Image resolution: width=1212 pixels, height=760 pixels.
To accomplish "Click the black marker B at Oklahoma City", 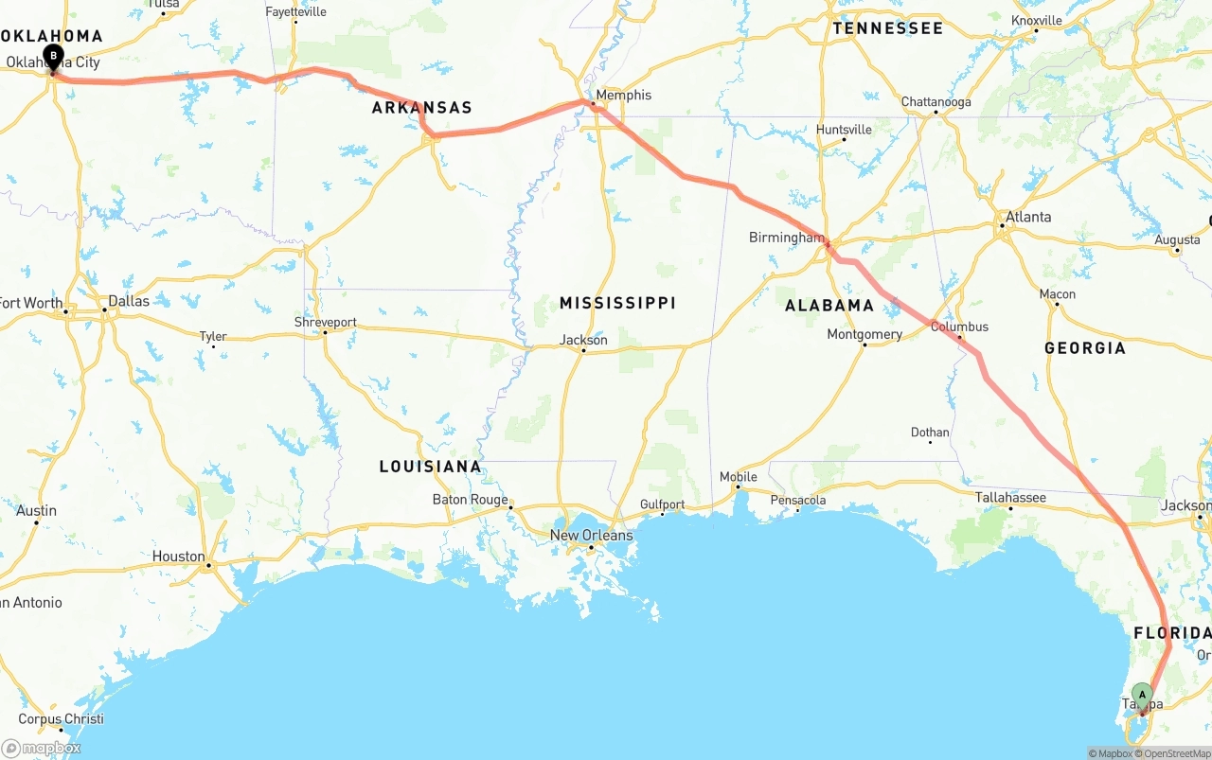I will click(54, 57).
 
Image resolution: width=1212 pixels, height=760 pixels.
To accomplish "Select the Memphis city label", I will click(623, 95).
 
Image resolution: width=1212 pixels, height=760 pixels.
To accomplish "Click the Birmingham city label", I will click(786, 238).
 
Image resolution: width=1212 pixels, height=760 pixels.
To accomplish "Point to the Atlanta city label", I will click(1028, 217).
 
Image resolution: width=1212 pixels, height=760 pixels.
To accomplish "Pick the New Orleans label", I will click(591, 536).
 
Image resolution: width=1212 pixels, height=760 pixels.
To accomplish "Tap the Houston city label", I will click(178, 557).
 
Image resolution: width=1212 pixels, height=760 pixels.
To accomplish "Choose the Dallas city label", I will click(129, 301).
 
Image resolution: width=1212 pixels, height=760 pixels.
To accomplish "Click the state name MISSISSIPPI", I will click(617, 303).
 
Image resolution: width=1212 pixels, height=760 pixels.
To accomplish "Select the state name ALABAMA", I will click(829, 305).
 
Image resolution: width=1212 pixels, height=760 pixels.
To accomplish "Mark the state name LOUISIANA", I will click(430, 467).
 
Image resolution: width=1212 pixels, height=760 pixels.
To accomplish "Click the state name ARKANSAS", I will click(421, 108).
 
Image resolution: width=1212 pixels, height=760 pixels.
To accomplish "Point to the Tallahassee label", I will click(1010, 497).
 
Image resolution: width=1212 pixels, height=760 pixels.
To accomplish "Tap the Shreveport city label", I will click(326, 322).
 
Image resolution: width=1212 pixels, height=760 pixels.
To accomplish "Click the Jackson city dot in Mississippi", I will click(583, 351).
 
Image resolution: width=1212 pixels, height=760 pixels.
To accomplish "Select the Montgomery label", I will click(864, 334).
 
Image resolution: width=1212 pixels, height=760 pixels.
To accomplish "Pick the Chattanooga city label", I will click(936, 102).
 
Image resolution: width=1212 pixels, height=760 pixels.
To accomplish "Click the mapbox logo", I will click(42, 748).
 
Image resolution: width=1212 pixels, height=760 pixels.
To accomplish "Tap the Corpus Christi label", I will click(61, 718).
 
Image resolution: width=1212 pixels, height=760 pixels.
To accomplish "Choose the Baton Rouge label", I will click(470, 499).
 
